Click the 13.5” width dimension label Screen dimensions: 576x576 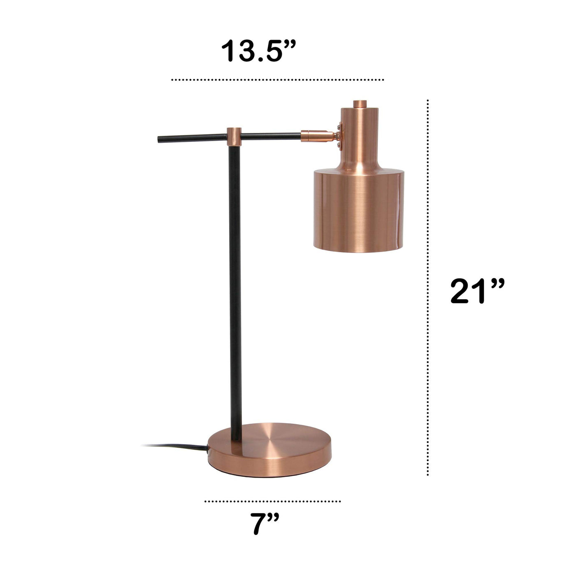[x=258, y=51]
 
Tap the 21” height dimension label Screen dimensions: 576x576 [x=477, y=291]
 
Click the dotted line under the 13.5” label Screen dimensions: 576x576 [x=277, y=80]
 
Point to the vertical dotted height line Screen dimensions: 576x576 [x=428, y=287]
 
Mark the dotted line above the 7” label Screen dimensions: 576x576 [x=272, y=501]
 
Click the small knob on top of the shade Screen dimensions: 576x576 [x=360, y=104]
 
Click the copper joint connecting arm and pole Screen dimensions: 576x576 [x=234, y=137]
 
